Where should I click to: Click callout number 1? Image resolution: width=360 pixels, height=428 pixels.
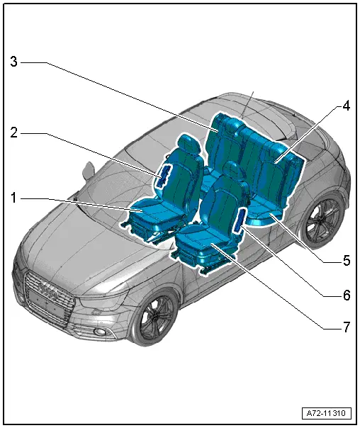(x=13, y=198)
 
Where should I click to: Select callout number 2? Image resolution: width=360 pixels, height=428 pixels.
(x=14, y=133)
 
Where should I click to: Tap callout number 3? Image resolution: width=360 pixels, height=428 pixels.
(x=14, y=62)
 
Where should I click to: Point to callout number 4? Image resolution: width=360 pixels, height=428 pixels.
(x=346, y=106)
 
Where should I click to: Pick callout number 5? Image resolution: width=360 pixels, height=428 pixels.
(x=347, y=260)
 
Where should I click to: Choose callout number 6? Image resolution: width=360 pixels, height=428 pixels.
(x=347, y=295)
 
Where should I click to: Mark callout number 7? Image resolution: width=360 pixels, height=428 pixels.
(x=347, y=327)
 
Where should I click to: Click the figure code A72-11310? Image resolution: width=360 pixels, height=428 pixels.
(x=326, y=413)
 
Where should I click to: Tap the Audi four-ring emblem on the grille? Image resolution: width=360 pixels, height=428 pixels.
(x=48, y=291)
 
